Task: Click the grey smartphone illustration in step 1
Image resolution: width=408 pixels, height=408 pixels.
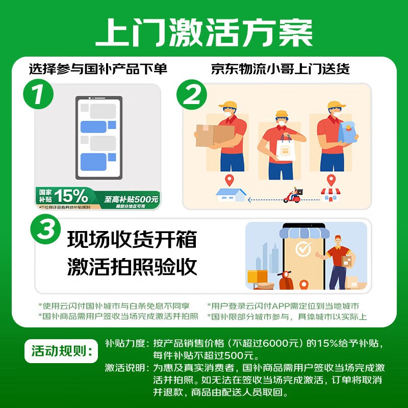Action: [x=99, y=138]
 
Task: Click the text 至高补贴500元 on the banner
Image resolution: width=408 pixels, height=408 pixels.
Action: [x=132, y=199]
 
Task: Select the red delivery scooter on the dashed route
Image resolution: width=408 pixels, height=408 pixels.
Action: [x=293, y=195]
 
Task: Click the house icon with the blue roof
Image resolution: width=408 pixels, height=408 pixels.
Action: [x=231, y=194]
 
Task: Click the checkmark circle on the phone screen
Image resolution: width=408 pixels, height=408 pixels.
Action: [x=304, y=249]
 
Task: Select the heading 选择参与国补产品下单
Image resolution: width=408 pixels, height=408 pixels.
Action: [x=98, y=69]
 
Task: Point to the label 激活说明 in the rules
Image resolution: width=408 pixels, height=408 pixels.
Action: [x=124, y=367]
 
